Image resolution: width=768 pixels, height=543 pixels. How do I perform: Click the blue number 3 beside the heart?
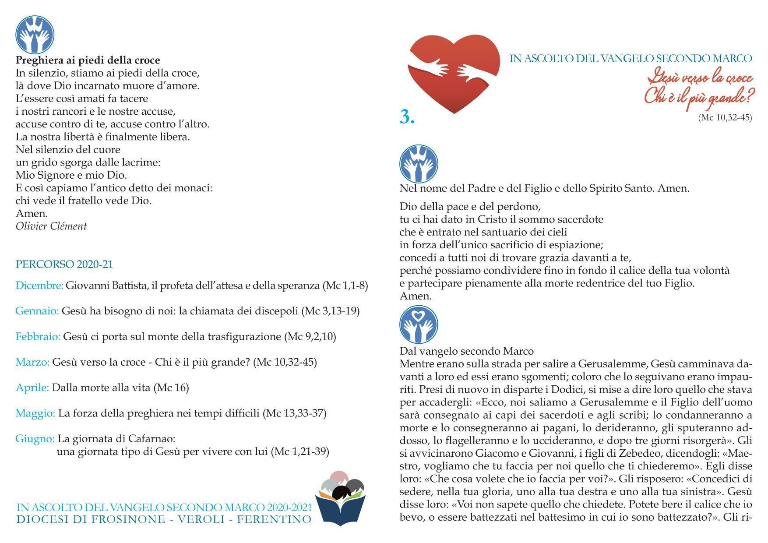(x=407, y=117)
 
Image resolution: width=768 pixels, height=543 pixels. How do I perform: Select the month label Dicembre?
(x=39, y=286)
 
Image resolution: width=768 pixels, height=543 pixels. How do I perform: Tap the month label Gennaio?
(x=37, y=311)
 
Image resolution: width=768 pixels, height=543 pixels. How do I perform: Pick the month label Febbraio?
(x=38, y=337)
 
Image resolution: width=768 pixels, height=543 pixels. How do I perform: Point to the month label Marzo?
(x=32, y=362)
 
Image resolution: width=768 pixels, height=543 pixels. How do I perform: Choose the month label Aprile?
(x=32, y=388)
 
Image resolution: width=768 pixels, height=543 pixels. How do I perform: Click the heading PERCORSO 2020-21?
(x=64, y=264)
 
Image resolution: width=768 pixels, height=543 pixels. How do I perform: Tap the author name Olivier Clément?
(x=51, y=226)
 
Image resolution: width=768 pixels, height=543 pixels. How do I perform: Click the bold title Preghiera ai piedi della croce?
(x=88, y=60)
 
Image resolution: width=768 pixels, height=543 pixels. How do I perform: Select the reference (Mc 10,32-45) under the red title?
(x=725, y=117)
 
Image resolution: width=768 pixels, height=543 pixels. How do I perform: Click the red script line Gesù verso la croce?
(x=700, y=78)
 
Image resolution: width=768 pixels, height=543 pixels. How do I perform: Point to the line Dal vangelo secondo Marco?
(x=466, y=351)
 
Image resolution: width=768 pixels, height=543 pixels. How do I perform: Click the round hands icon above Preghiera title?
(x=35, y=34)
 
